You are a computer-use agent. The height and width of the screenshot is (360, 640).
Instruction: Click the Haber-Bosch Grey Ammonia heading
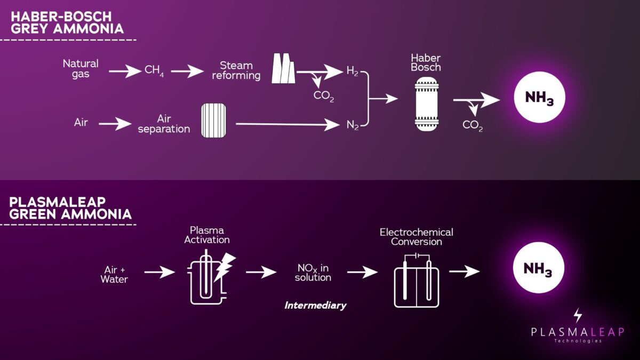click(x=67, y=22)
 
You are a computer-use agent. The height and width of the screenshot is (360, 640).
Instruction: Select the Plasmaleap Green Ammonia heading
click(x=71, y=209)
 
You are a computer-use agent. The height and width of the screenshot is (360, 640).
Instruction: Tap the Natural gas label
click(x=81, y=69)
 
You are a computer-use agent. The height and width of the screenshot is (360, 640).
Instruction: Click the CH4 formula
click(x=154, y=70)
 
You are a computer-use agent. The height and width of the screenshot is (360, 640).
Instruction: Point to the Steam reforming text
click(x=236, y=70)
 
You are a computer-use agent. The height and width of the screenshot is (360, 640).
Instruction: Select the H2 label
click(x=352, y=71)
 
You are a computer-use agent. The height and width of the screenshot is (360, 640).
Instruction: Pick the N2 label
click(x=352, y=125)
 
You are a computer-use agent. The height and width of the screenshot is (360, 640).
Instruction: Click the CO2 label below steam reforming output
click(x=324, y=97)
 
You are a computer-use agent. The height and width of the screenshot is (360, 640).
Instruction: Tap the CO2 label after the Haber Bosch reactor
click(x=473, y=126)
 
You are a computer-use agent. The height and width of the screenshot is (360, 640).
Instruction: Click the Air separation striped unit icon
click(x=213, y=120)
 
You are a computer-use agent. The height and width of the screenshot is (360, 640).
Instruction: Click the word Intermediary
click(x=315, y=306)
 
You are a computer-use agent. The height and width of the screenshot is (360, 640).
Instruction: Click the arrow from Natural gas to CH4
click(x=125, y=71)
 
